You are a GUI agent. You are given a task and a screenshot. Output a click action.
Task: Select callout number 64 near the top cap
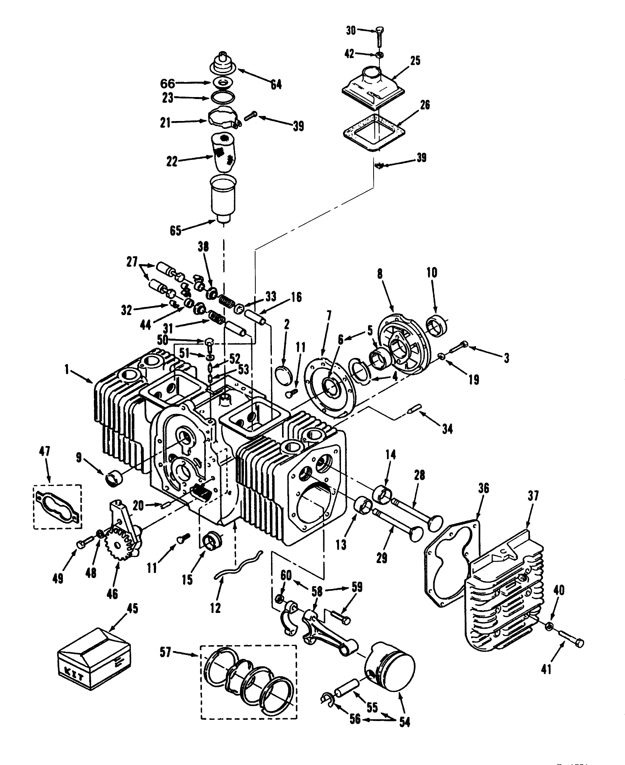click(x=276, y=84)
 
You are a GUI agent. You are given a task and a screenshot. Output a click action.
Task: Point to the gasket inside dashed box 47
click(x=58, y=506)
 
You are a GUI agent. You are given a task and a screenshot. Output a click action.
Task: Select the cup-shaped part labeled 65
click(x=223, y=198)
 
